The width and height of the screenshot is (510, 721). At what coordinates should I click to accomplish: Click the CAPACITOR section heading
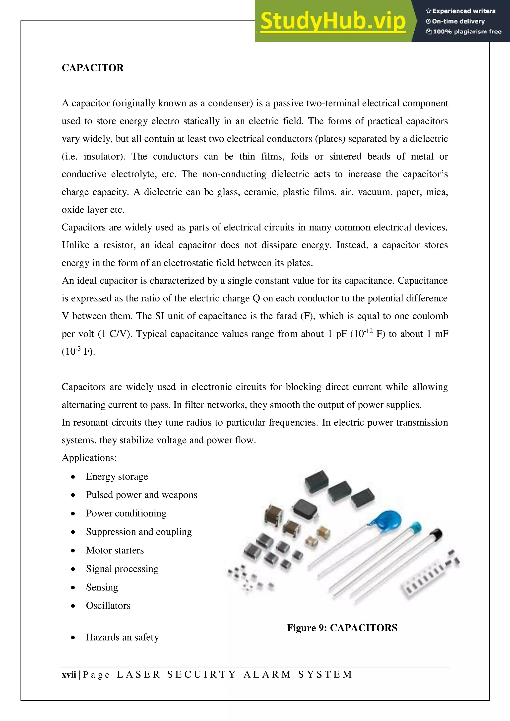(x=92, y=68)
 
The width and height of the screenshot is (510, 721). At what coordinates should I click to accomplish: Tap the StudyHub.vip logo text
(x=332, y=21)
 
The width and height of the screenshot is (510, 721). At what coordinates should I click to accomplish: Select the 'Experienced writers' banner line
(x=460, y=11)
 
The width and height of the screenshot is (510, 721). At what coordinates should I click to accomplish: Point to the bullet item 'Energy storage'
(x=117, y=477)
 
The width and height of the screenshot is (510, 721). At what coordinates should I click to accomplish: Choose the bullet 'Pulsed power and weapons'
(x=141, y=495)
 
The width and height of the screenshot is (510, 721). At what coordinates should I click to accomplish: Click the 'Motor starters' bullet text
(x=115, y=551)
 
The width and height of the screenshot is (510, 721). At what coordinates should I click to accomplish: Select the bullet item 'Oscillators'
(x=108, y=606)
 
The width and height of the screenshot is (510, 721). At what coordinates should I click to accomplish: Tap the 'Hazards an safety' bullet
(x=122, y=637)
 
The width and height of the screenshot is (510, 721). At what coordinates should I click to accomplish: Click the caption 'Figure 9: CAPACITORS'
(x=342, y=628)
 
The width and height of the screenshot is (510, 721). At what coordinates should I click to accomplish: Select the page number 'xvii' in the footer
(x=69, y=674)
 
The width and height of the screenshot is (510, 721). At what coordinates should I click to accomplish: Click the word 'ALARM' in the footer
(x=267, y=674)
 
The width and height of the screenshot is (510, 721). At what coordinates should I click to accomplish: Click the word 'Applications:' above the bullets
(x=89, y=458)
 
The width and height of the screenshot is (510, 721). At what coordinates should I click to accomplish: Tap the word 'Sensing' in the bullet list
(x=102, y=587)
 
